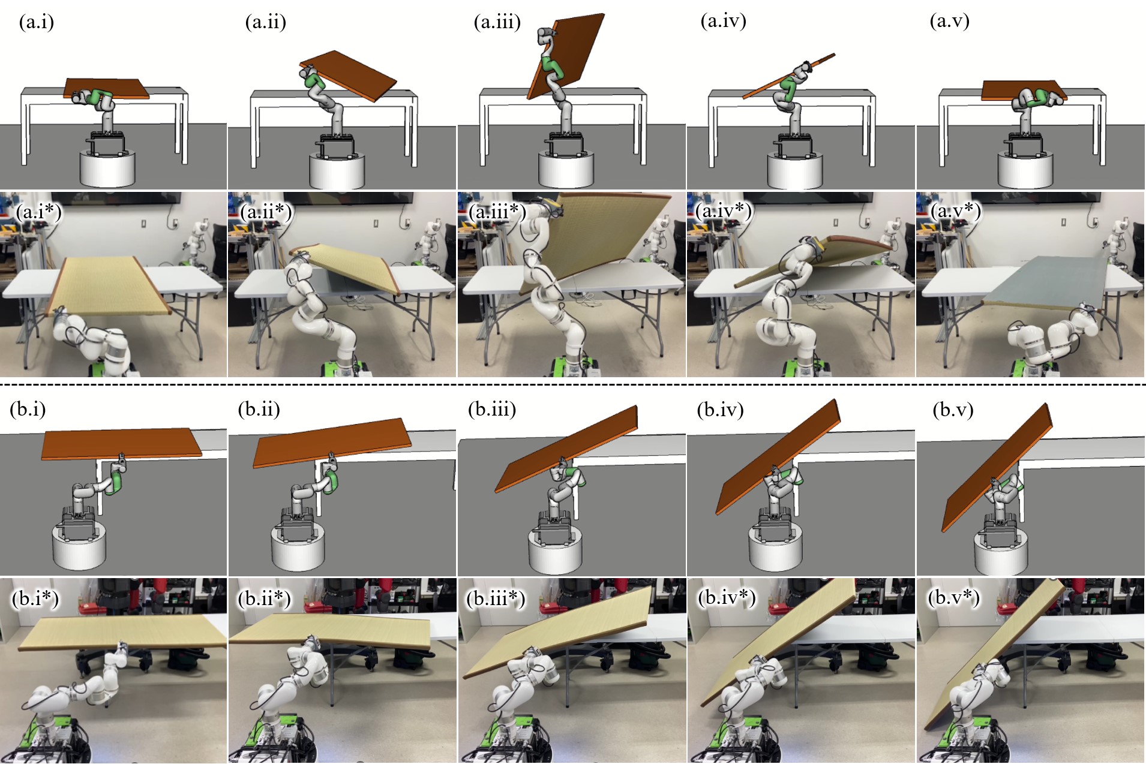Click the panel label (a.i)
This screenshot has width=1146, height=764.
pos(37,22)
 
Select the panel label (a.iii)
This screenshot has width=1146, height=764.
pos(497,22)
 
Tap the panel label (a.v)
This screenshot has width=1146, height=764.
pos(950,21)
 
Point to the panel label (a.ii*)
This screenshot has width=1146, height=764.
pos(266,212)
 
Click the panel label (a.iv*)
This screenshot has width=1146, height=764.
pos(724,211)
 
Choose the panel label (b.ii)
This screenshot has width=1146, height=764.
pos(259,410)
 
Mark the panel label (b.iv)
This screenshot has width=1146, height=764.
pos(721,410)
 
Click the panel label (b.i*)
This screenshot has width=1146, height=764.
pos(35,598)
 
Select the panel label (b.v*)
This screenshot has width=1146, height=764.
pos(953,598)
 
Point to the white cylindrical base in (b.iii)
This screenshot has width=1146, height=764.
pos(556,552)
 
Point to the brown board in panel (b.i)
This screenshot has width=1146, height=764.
pos(122,444)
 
